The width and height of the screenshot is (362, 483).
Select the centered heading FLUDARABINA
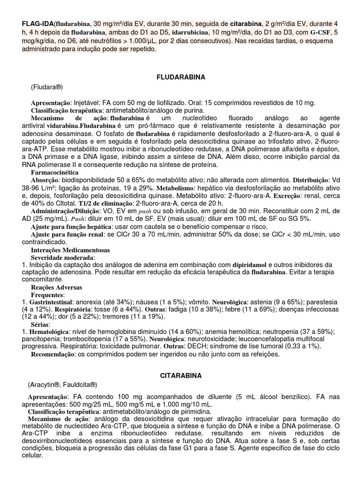[x=181, y=76]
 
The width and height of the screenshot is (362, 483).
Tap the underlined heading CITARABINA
[x=181, y=375]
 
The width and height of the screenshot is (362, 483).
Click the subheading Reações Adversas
[x=56, y=287]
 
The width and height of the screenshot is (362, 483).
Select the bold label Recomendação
[x=53, y=354]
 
